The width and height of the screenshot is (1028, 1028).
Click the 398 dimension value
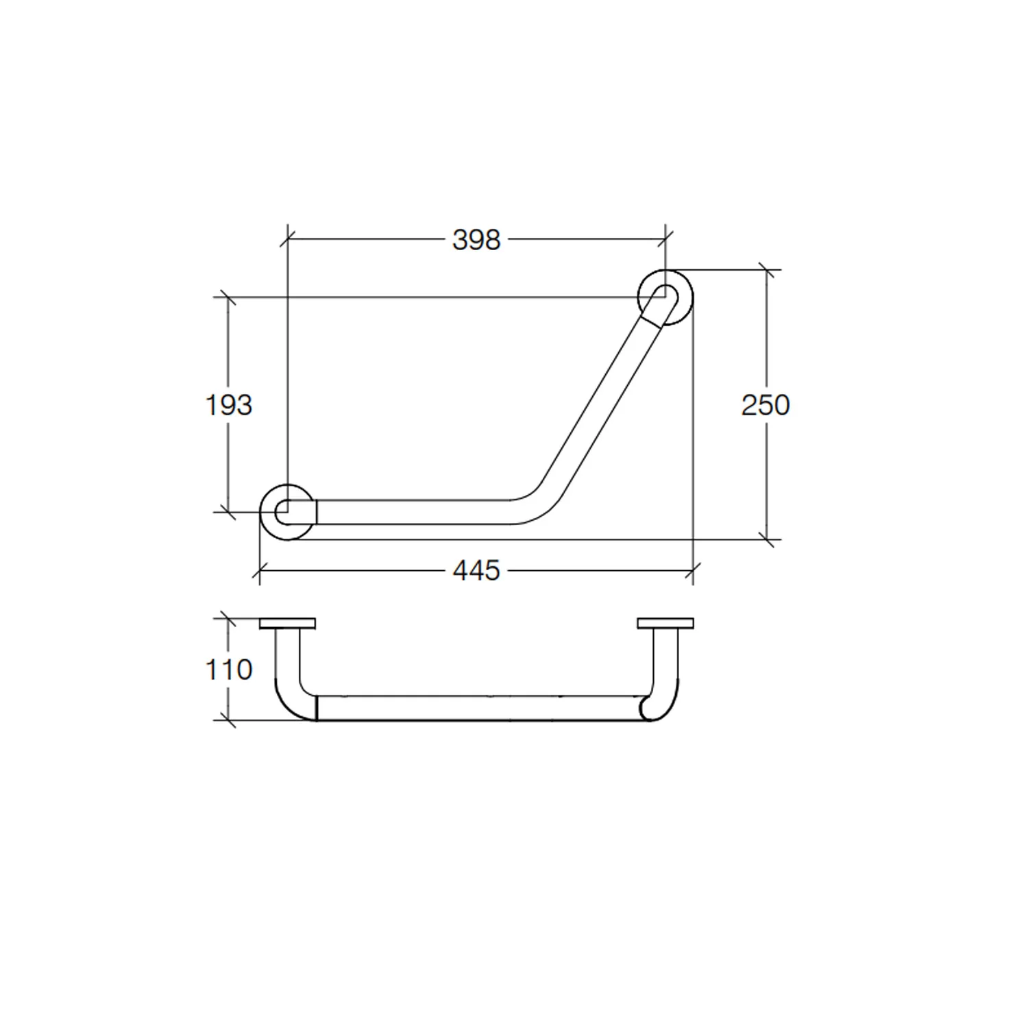pos(476,240)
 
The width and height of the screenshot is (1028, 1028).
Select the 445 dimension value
pos(476,570)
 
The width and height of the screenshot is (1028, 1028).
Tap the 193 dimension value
pos(229,405)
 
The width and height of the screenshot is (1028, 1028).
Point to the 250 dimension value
pos(766,405)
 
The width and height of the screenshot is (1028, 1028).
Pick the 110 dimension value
pos(229,670)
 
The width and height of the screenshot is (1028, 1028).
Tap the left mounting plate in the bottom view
pos(288,624)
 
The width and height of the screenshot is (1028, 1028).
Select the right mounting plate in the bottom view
pos(665,624)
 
